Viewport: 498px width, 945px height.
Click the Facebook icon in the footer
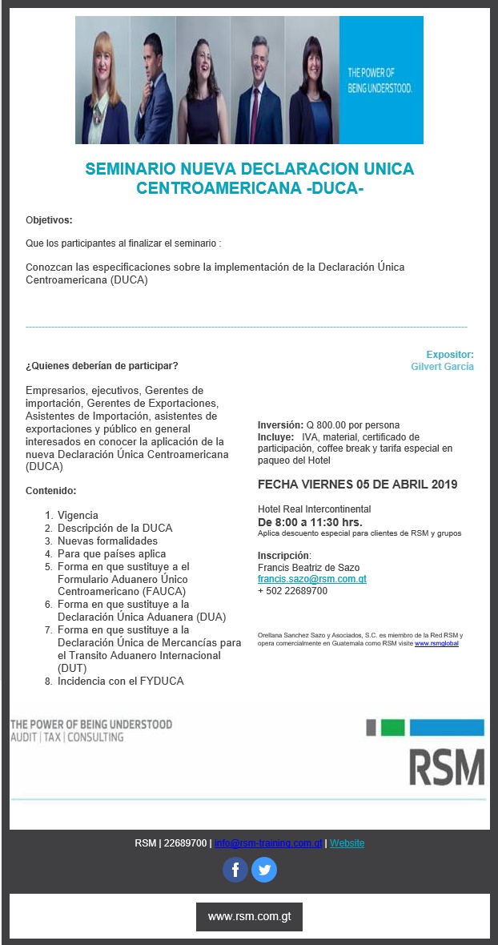235,870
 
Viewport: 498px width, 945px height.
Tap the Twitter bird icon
264,870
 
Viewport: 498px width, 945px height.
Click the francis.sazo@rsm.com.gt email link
311,579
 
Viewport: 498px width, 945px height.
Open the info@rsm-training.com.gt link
268,843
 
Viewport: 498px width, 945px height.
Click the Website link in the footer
347,843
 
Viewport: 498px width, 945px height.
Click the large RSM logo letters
447,767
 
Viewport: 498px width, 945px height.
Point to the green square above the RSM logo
392,728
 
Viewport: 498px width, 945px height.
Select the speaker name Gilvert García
442,367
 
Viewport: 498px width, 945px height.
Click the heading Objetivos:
49,219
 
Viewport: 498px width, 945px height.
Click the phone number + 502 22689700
292,591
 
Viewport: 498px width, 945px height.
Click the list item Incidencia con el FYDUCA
121,682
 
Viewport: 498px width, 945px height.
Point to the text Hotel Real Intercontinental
314,509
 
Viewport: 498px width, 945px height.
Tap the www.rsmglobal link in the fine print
436,643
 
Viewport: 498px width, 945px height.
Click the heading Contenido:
51,491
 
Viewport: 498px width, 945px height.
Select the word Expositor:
449,355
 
